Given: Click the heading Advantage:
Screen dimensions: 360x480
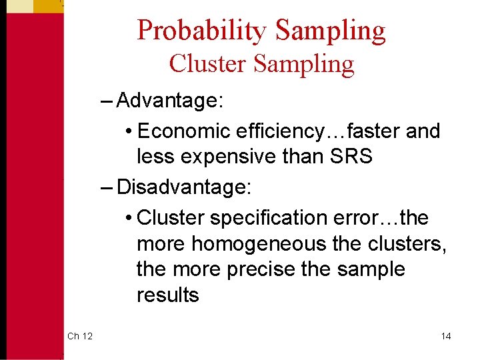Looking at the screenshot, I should coord(169,102).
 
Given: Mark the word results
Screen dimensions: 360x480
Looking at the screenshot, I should coord(167,295).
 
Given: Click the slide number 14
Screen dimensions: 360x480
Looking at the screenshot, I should coord(446,336).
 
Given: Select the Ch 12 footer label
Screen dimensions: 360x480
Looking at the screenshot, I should coord(80,336).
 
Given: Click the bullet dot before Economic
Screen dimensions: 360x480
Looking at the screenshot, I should coord(128,132).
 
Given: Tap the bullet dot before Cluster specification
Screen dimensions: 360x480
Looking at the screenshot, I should coord(128,218).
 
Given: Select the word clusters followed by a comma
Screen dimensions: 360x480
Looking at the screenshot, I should coord(405,243).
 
